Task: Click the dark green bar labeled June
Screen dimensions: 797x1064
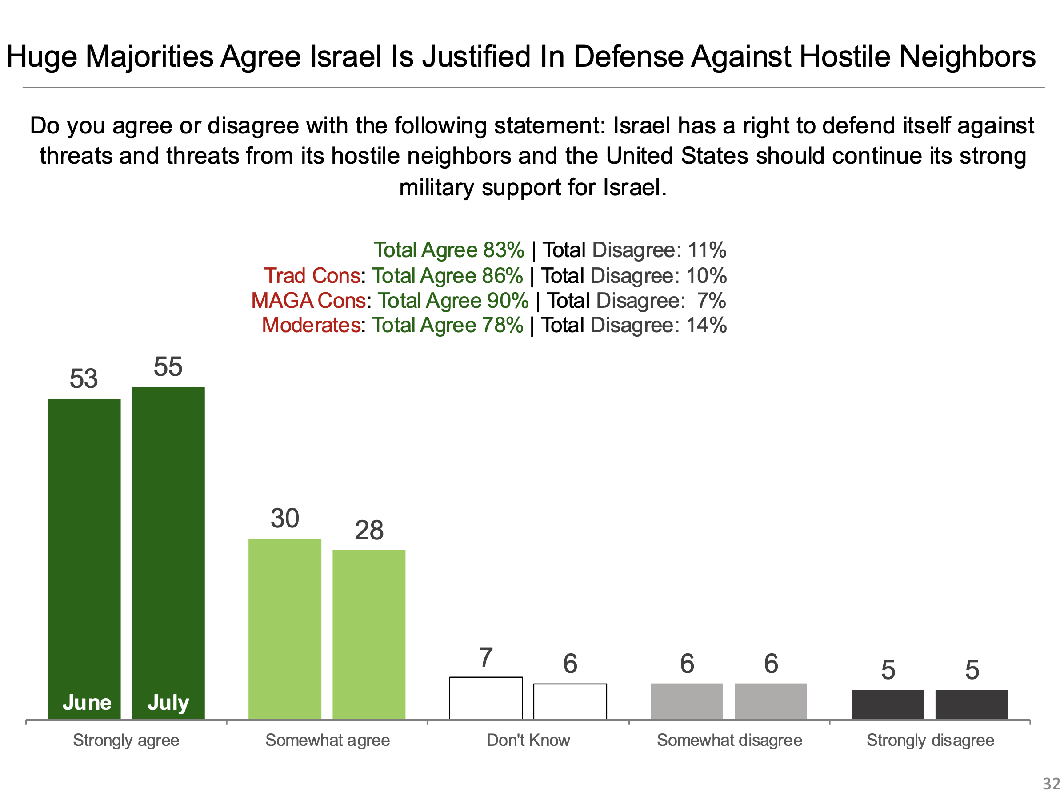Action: [x=84, y=558]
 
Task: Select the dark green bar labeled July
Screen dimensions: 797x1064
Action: [x=168, y=553]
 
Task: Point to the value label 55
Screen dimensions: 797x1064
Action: [x=168, y=367]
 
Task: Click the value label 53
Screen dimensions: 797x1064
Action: [x=84, y=379]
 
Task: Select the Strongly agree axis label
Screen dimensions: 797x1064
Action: [x=126, y=740]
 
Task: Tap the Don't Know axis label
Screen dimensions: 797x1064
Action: [x=528, y=740]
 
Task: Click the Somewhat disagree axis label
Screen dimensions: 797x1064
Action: [x=729, y=740]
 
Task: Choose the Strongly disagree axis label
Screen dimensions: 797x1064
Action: [x=930, y=740]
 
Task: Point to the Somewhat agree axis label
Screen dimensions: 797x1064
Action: [x=328, y=740]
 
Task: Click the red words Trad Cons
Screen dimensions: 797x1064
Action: [x=312, y=276]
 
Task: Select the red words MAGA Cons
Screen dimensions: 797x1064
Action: [x=308, y=301]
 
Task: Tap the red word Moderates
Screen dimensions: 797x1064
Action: [x=311, y=326]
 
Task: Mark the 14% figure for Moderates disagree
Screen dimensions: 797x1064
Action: [x=706, y=326]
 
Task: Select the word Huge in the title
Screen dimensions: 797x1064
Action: [x=41, y=57]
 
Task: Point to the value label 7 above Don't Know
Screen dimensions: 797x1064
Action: [x=486, y=657]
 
